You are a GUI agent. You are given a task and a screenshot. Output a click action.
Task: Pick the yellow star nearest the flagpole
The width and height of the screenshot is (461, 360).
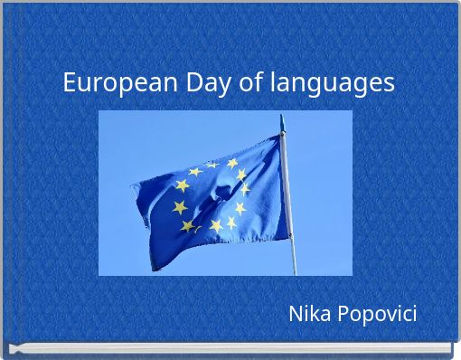pyautogui.click(x=245, y=188)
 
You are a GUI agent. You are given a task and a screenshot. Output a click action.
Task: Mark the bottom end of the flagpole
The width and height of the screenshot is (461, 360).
pyautogui.click(x=294, y=273)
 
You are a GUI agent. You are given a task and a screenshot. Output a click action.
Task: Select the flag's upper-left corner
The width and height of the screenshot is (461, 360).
pyautogui.click(x=132, y=185)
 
